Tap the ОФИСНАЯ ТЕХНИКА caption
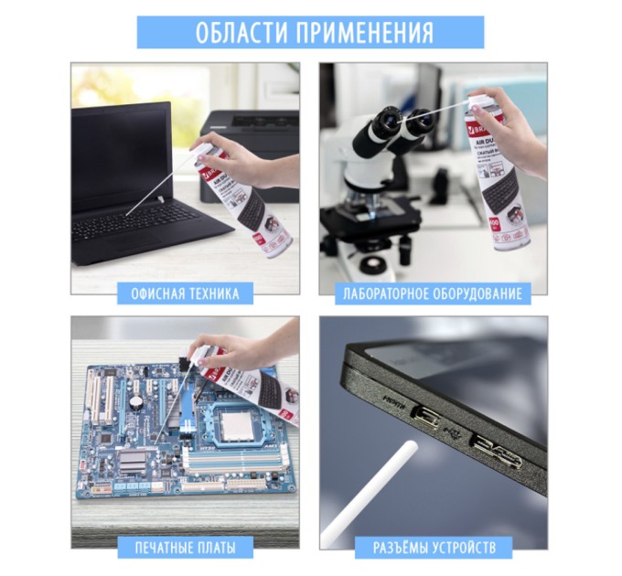[x=185, y=293]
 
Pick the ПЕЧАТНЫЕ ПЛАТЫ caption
[x=185, y=548]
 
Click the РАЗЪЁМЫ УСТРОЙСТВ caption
[x=434, y=548]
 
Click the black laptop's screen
[x=119, y=155]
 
